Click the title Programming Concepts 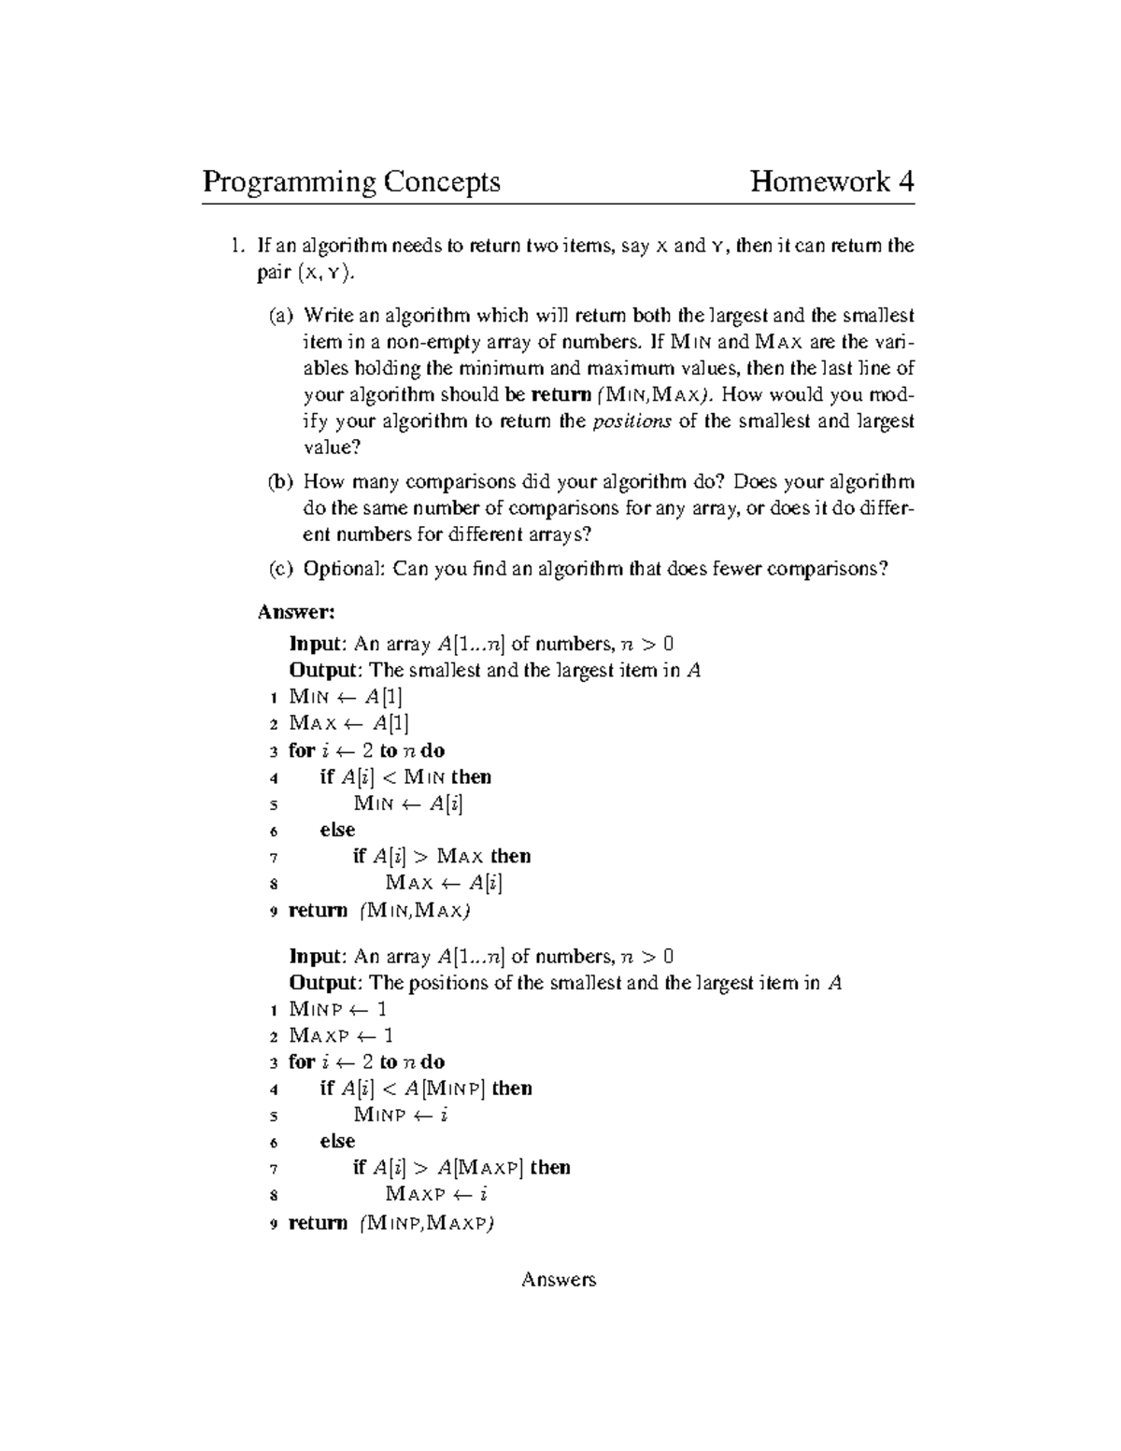click(351, 181)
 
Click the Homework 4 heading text click(831, 181)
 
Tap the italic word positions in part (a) click(632, 420)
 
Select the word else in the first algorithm click(337, 830)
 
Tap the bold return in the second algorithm click(318, 1223)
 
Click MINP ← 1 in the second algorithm click(338, 1009)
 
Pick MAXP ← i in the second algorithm click(437, 1194)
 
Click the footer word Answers click(559, 1280)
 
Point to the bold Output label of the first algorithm click(323, 670)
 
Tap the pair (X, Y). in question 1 click(305, 273)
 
